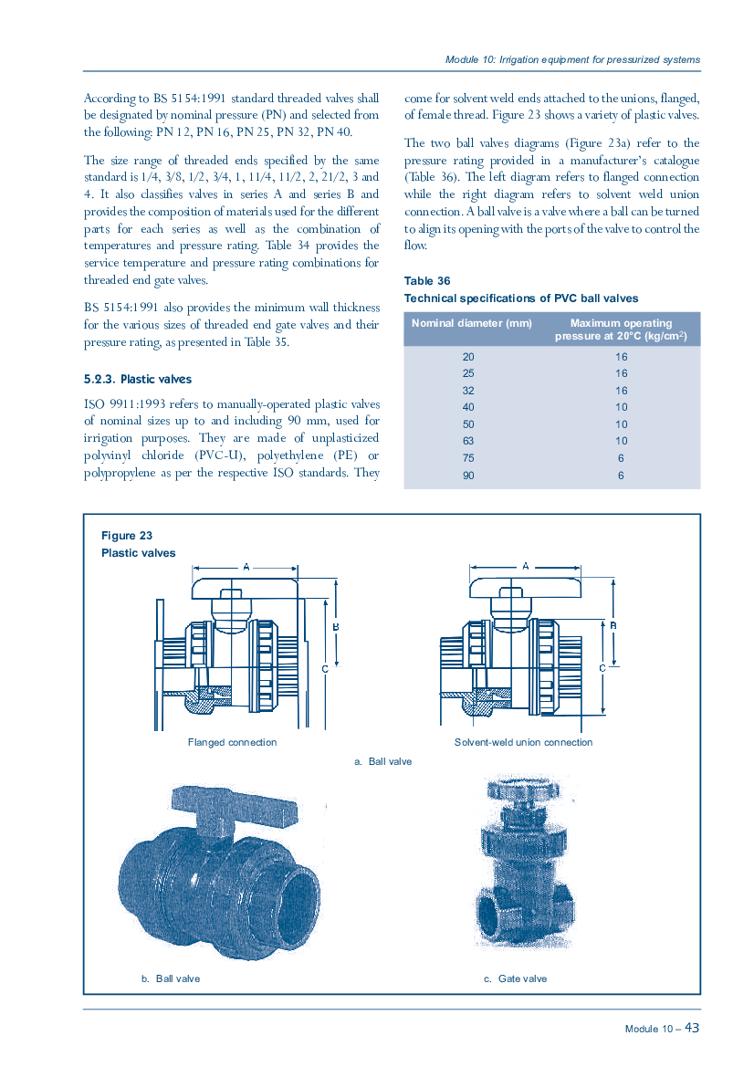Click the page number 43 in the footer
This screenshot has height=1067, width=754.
click(x=691, y=1028)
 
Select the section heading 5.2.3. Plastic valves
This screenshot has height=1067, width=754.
click(x=138, y=379)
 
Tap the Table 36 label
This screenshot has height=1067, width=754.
click(x=426, y=281)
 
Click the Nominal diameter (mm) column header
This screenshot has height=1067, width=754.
click(x=472, y=323)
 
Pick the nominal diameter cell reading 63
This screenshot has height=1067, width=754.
click(x=468, y=441)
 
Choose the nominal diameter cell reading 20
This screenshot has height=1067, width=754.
click(x=468, y=357)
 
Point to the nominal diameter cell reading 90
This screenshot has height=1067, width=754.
click(x=468, y=476)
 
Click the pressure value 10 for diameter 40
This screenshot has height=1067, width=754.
click(x=622, y=407)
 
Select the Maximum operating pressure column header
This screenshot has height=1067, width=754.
click(x=621, y=330)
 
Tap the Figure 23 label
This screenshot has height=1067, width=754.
click(x=127, y=536)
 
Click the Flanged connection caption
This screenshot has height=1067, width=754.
click(x=232, y=742)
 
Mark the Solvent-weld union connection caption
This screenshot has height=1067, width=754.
click(x=523, y=742)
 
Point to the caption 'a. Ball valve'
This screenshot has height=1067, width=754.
click(x=383, y=761)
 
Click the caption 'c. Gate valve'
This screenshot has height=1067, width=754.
click(x=515, y=978)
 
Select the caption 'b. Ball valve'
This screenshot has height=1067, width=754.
click(x=171, y=978)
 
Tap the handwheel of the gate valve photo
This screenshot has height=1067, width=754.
click(x=523, y=790)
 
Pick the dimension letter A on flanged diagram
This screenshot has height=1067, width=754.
click(x=246, y=566)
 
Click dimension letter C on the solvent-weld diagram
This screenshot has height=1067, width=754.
click(x=602, y=668)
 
